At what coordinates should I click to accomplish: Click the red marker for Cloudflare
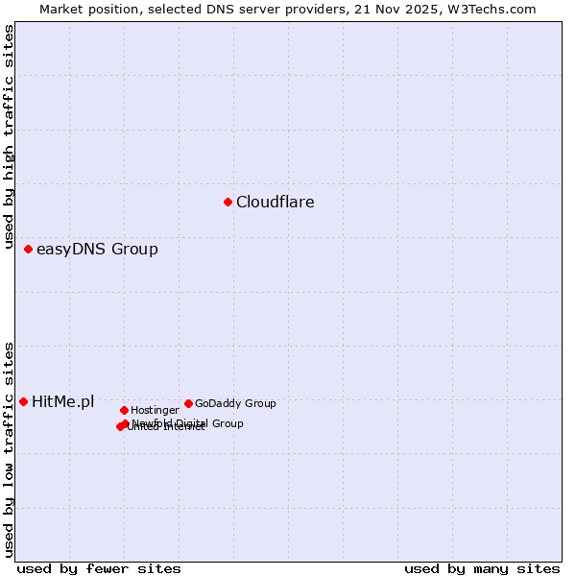tap(228, 202)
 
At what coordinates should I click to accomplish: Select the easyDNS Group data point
tap(28, 250)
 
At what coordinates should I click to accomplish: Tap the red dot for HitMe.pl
tap(23, 401)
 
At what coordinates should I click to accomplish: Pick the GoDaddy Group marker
tap(188, 403)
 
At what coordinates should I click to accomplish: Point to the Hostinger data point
tap(124, 410)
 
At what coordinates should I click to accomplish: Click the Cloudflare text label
tap(276, 202)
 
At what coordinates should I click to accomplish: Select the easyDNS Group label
tap(97, 250)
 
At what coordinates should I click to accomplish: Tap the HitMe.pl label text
tap(63, 401)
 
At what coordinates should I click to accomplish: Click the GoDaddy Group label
tap(235, 403)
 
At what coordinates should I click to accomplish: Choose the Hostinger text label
tap(155, 410)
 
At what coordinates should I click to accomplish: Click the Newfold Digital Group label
tap(188, 423)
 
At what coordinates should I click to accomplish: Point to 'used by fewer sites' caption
tap(99, 568)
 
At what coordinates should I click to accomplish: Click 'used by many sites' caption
tap(482, 568)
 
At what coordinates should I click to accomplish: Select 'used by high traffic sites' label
tap(9, 140)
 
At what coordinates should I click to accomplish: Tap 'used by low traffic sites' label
tap(9, 448)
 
